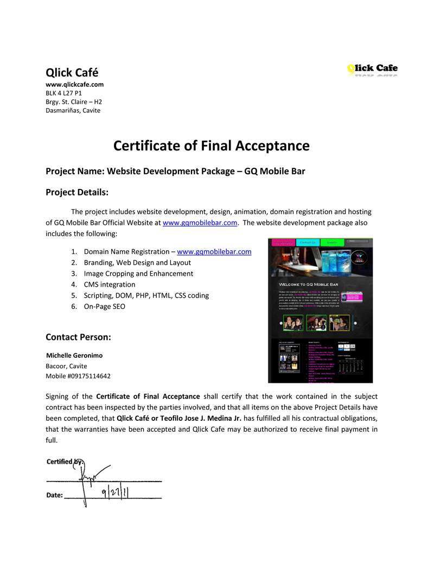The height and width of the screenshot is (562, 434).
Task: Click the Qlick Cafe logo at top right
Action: coord(372,70)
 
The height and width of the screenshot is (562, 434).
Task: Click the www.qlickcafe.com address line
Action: coord(74,85)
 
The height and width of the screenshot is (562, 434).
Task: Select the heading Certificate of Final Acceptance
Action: coord(211,146)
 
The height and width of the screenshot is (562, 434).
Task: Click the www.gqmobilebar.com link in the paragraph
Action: coord(200,223)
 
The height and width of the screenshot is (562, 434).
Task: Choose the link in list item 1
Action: coord(214,251)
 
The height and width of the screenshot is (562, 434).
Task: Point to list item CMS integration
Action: coord(110,285)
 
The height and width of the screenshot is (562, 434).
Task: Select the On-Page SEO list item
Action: coord(104,306)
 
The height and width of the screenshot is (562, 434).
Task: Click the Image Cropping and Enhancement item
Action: coord(138,274)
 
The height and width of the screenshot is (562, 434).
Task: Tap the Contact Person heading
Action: coord(78,337)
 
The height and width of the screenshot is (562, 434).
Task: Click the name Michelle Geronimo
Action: coord(74,356)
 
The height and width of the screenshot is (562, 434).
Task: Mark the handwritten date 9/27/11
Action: coord(118,493)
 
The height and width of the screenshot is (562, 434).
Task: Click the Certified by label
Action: coord(64,462)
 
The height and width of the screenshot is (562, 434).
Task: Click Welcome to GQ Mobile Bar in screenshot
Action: coord(309,285)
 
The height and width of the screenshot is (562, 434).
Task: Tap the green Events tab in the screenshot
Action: coord(332,243)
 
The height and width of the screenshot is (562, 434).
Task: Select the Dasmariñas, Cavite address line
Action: coord(73,110)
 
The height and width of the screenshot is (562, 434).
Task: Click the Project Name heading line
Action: coord(175,171)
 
